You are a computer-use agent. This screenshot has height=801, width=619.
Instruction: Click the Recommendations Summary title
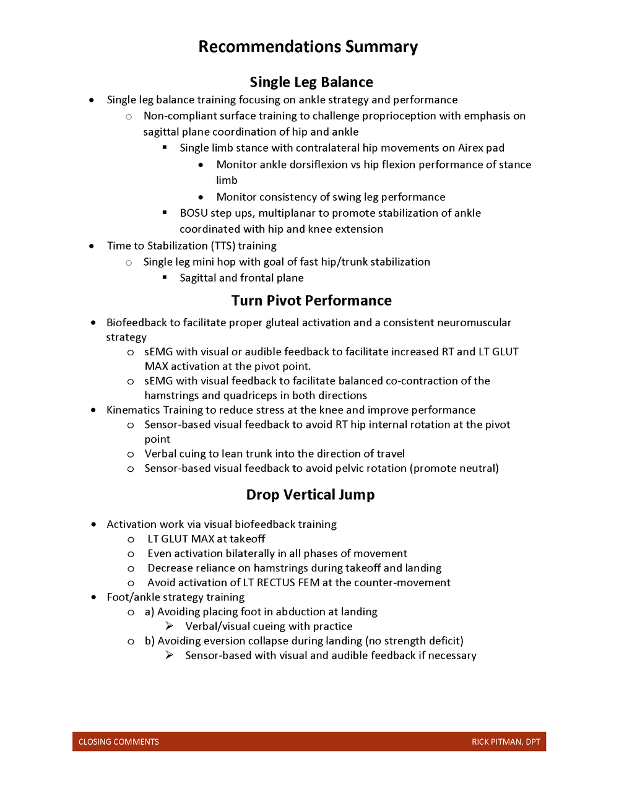pyautogui.click(x=308, y=47)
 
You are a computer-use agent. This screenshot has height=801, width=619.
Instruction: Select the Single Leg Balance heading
pyautogui.click(x=311, y=82)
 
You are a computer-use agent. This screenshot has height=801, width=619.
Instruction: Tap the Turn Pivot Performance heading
pyautogui.click(x=311, y=301)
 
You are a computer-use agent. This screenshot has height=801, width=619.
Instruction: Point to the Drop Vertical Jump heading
pyautogui.click(x=310, y=495)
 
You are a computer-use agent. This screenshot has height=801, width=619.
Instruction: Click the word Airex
pyautogui.click(x=471, y=148)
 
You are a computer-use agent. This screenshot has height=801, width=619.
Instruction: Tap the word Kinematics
pyautogui.click(x=133, y=410)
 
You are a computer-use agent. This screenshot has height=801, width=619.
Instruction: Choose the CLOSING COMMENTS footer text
pyautogui.click(x=119, y=742)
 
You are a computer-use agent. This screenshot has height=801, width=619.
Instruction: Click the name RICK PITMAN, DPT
pyautogui.click(x=506, y=742)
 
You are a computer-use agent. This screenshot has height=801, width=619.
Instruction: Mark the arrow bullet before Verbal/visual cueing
pyautogui.click(x=169, y=626)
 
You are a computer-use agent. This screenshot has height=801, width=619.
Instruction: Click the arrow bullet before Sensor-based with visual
pyautogui.click(x=169, y=655)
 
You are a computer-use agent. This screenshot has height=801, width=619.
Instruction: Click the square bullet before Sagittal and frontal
pyautogui.click(x=165, y=277)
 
